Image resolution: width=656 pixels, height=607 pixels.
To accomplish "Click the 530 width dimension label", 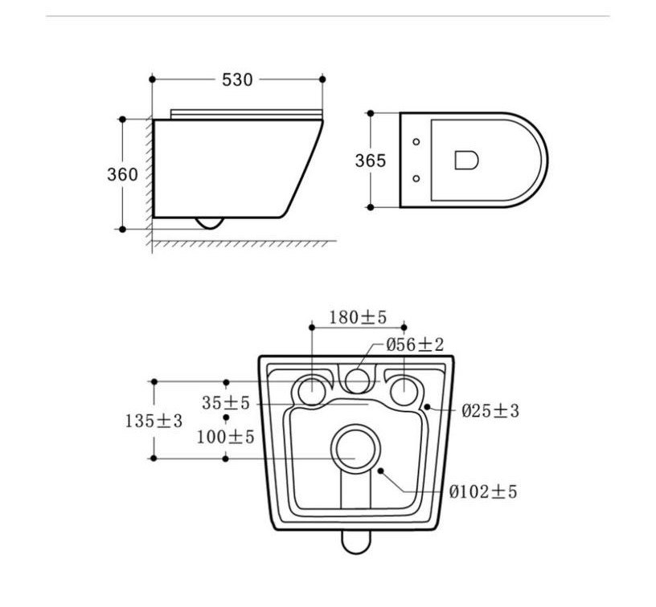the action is (x=237, y=79).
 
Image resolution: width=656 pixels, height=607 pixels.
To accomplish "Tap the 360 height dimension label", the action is (x=122, y=174).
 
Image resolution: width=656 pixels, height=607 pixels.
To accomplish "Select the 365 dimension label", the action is (x=371, y=161).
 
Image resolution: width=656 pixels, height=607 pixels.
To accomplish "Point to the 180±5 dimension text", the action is (x=358, y=317).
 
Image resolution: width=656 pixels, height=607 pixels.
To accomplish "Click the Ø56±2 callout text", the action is (x=415, y=344).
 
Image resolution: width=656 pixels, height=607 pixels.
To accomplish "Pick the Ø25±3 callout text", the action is (x=490, y=410).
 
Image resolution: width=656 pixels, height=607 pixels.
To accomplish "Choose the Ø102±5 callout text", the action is (x=483, y=491).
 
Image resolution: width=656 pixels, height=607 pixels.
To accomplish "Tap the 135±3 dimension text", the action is (x=154, y=420).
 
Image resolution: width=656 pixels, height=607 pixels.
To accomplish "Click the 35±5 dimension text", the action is (x=225, y=403).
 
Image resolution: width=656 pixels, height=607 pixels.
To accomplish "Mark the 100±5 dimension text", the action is (x=225, y=437).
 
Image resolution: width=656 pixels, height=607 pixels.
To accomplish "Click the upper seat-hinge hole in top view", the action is (x=416, y=141).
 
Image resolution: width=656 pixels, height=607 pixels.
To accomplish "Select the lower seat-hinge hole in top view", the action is (x=416, y=178).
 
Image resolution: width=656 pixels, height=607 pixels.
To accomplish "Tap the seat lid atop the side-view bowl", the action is (x=247, y=115).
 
